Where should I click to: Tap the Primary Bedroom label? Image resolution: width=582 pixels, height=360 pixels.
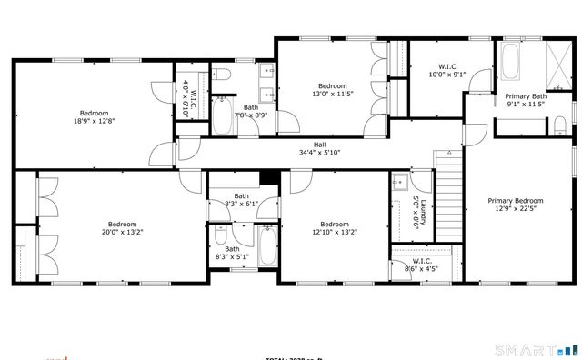click(516, 201)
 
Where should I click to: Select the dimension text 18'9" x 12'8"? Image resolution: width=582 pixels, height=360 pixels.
click(95, 121)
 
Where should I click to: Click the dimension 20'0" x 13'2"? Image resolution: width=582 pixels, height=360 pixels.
click(122, 232)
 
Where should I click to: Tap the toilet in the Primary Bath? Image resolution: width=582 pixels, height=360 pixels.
click(560, 126)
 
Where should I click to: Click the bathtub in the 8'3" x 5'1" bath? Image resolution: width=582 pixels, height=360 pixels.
click(266, 247)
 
